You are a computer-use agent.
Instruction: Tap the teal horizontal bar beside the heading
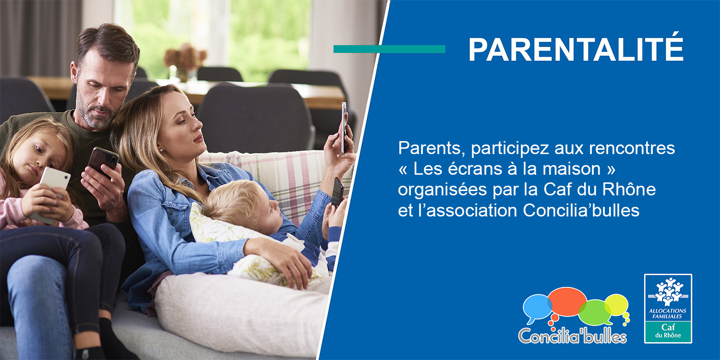389,49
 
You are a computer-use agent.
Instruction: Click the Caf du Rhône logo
668,308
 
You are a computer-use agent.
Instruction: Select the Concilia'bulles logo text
573,336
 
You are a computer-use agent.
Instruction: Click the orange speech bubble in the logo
567,302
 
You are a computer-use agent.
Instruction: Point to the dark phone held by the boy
337,192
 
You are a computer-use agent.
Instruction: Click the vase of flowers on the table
185,62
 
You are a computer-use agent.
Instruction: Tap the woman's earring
161,150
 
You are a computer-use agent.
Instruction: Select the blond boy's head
245,206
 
